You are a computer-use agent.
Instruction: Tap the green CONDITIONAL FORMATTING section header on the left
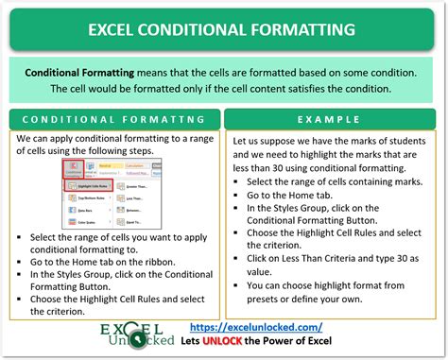pos(114,120)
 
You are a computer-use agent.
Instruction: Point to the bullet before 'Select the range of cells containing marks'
pos(238,181)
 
